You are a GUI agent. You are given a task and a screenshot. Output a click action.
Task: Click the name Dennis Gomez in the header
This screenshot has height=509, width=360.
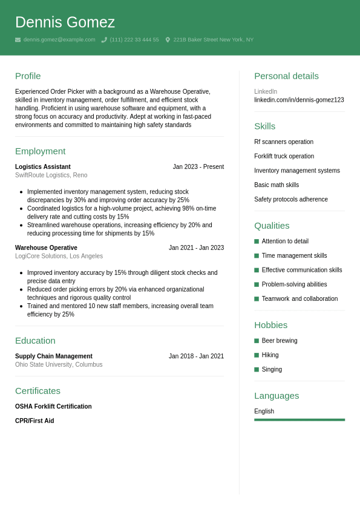pyautogui.click(x=65, y=22)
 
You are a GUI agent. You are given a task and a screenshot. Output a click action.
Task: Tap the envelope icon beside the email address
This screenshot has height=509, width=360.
pyautogui.click(x=18, y=40)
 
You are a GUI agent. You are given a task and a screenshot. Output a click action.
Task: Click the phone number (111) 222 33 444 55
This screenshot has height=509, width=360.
pyautogui.click(x=134, y=40)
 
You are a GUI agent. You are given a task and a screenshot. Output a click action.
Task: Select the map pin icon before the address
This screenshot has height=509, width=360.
pyautogui.click(x=168, y=40)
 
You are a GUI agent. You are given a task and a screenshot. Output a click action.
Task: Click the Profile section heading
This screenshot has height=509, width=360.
pyautogui.click(x=28, y=76)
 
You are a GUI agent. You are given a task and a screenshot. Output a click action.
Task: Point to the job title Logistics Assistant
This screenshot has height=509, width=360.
pyautogui.click(x=43, y=167)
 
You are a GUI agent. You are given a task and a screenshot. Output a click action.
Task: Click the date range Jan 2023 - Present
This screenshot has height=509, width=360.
pyautogui.click(x=198, y=167)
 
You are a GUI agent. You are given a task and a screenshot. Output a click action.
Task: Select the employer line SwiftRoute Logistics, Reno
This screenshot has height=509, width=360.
pyautogui.click(x=51, y=176)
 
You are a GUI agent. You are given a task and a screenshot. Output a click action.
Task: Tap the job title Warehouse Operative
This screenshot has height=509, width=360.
pyautogui.click(x=46, y=248)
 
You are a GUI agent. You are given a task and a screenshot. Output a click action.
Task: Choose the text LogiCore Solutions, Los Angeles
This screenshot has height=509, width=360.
pyautogui.click(x=59, y=257)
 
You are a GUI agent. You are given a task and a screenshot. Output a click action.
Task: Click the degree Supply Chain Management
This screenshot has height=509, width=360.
pyautogui.click(x=54, y=356)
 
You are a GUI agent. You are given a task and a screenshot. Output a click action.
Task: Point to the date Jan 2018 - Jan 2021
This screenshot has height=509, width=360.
pyautogui.click(x=196, y=356)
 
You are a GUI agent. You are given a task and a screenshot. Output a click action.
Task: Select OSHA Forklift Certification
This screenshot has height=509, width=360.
pyautogui.click(x=53, y=407)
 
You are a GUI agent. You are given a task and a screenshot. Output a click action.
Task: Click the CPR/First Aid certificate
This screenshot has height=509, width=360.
pyautogui.click(x=34, y=421)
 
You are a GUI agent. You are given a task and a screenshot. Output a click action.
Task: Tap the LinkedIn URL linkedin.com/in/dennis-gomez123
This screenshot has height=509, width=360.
pyautogui.click(x=299, y=100)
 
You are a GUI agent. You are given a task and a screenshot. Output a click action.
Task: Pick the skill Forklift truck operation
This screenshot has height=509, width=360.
pyautogui.click(x=284, y=156)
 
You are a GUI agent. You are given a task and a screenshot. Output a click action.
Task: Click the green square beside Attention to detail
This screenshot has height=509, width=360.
pyautogui.click(x=257, y=241)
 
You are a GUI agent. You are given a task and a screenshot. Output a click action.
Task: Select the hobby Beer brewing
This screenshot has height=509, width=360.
pyautogui.click(x=280, y=341)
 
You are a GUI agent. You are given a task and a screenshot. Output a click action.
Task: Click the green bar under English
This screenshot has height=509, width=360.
pyautogui.click(x=299, y=419)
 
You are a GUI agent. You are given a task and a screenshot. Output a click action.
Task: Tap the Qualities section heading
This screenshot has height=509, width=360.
pyautogui.click(x=272, y=226)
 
